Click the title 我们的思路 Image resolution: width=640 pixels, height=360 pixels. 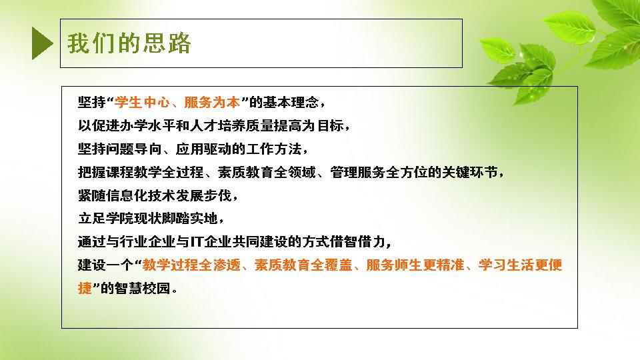coord(129,43)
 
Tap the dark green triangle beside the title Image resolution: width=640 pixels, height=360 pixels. coord(43,43)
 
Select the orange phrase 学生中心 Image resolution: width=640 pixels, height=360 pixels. coord(142,102)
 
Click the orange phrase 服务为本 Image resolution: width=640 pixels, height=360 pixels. coord(212,102)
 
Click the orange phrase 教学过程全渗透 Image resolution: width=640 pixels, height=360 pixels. coord(191,265)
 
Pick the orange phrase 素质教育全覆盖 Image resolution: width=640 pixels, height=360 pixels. coord(303,265)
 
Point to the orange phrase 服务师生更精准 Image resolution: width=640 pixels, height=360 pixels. coord(415,265)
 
